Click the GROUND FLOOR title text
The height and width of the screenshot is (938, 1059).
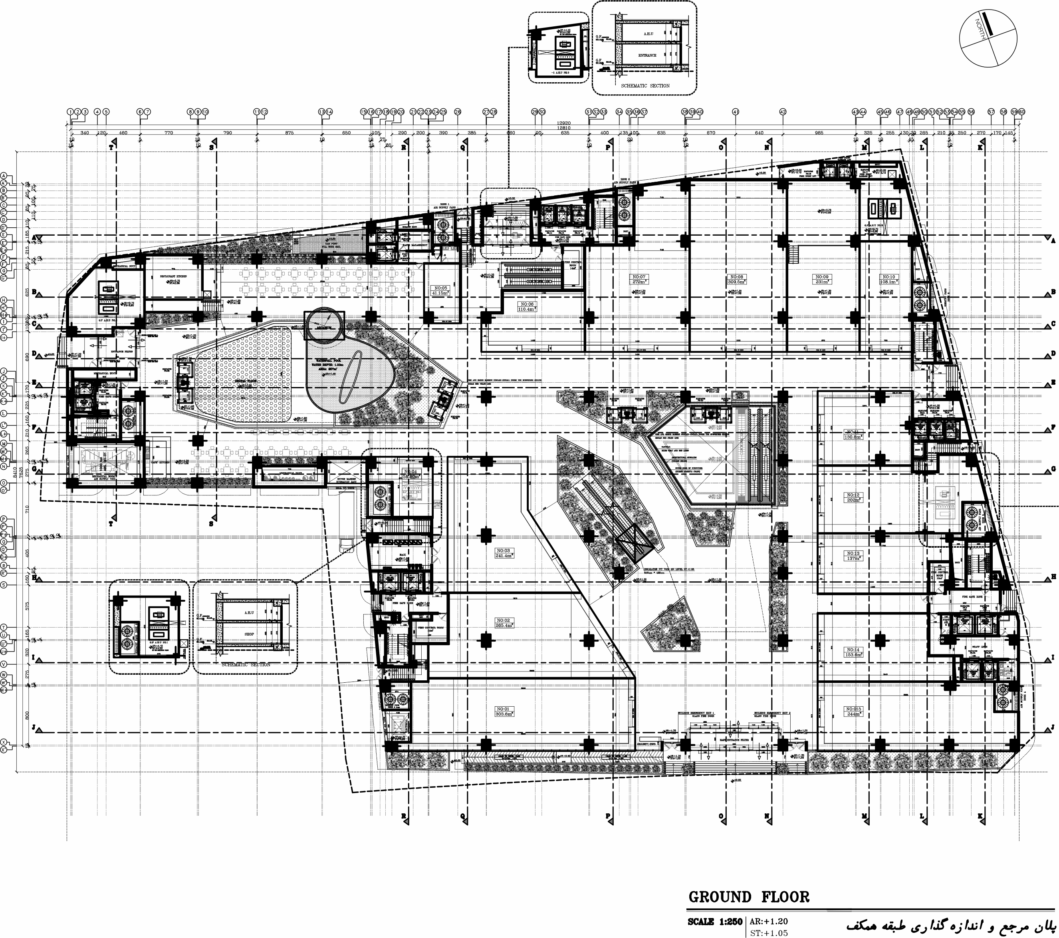pos(749,897)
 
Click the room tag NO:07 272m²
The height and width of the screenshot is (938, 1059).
pos(638,279)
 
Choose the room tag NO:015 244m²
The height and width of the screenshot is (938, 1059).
pos(853,711)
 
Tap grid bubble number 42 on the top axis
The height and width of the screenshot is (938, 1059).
pos(783,112)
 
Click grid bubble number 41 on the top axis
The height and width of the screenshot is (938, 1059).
pos(735,112)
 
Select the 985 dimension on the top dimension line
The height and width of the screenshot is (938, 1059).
pos(819,133)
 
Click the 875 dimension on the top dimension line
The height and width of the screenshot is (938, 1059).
pos(289,133)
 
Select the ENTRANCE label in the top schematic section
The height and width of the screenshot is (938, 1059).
pos(647,56)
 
